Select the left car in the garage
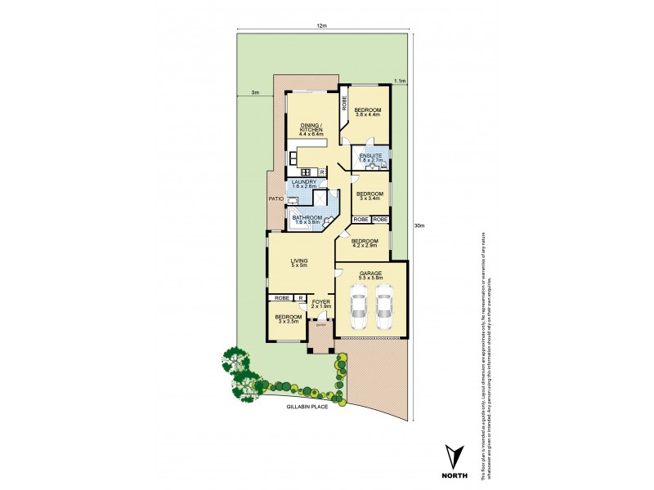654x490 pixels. coord(357,309)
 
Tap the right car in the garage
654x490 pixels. coord(385,309)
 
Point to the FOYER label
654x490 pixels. coord(320,302)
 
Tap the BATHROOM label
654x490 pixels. coord(309,219)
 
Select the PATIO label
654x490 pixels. coord(275,199)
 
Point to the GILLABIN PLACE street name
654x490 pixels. coord(307,406)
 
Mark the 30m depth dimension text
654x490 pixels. coord(419,226)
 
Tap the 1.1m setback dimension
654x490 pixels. coord(400,82)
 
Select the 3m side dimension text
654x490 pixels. coord(255,93)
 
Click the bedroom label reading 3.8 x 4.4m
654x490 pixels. coord(368,114)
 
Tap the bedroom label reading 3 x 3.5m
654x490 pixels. coord(288,318)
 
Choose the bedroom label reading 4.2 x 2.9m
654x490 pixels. coord(364,243)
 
